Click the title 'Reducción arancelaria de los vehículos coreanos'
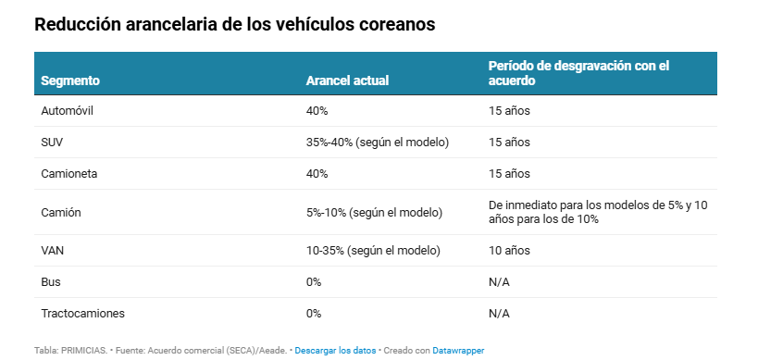234,25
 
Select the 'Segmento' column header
70,81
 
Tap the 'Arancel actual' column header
347,81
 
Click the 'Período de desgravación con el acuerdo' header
578,73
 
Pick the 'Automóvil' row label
68,111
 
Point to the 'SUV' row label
53,143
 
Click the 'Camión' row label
61,212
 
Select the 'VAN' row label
54,251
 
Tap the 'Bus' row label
51,281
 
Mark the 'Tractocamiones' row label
82,313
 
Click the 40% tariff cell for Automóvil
317,111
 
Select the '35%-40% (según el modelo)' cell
377,143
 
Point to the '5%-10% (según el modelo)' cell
373,212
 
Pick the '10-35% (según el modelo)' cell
372,251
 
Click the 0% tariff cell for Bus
314,281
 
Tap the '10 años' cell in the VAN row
509,251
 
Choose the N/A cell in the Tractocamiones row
499,313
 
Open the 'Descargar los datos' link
335,351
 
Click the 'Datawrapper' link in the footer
458,351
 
